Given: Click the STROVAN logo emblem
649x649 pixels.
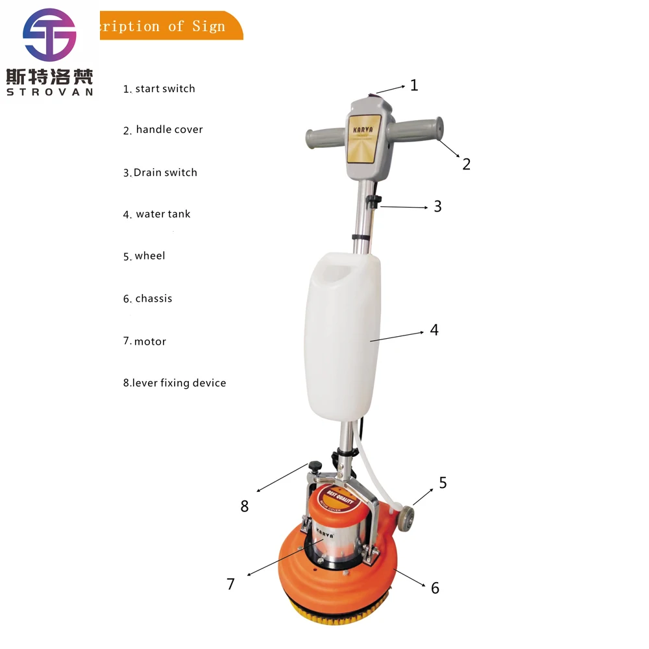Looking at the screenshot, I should (50, 35).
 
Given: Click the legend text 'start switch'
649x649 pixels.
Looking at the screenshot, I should (165, 89).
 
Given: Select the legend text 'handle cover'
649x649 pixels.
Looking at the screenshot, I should (169, 130).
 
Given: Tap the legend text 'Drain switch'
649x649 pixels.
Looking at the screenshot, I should (165, 173).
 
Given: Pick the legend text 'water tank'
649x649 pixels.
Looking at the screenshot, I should (163, 214).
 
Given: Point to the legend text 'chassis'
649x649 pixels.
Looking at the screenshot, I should (153, 299).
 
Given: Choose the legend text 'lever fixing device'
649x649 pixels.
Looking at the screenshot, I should (179, 383).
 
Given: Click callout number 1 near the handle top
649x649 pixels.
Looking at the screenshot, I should (414, 85).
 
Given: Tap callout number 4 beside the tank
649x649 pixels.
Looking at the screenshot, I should (434, 330).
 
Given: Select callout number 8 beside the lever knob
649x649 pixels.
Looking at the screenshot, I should (245, 506).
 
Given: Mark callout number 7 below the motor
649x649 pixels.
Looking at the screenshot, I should (230, 584).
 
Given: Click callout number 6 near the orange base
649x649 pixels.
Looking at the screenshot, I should (435, 588).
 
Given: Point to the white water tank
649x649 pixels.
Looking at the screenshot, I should (342, 334).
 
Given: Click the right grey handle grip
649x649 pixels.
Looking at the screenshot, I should (415, 130).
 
